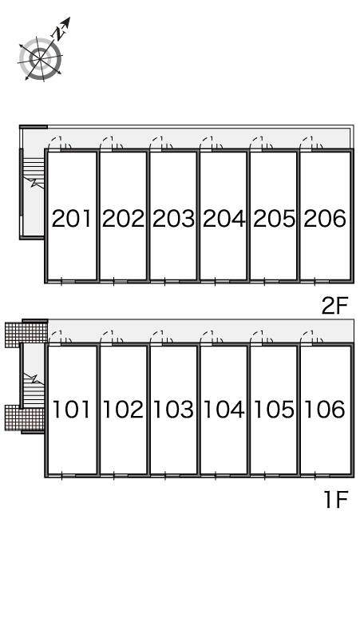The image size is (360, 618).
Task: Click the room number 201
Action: [x=72, y=218]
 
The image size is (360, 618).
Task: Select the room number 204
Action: [x=224, y=218]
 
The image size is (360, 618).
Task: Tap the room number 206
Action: [x=325, y=218]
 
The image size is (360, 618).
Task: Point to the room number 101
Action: [x=72, y=409]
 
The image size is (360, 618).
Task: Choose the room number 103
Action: [x=173, y=409]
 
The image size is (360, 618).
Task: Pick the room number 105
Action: [x=274, y=409]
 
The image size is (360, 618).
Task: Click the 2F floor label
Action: [x=334, y=306]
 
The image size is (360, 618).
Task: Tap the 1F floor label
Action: [x=335, y=500]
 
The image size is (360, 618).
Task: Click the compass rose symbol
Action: [x=40, y=59]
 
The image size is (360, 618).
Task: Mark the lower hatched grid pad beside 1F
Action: [x=25, y=418]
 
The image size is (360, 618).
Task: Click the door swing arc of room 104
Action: [x=206, y=336]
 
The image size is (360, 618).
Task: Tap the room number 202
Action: [x=123, y=218]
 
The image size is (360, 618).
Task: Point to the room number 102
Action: [x=123, y=409]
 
